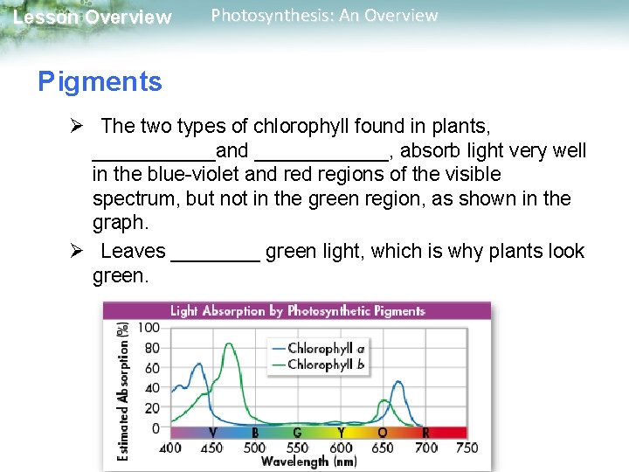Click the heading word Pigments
pos(100,82)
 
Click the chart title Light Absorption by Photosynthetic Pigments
pos(297,310)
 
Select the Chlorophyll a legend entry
pos(326,348)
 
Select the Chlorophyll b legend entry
pos(326,364)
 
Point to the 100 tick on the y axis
pos(149,327)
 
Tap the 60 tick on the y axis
pos(151,367)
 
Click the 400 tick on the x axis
pos(170,448)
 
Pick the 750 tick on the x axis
pos(467,448)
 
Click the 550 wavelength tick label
pos(297,448)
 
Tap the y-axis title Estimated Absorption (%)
pos(123,389)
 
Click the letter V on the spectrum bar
pos(212,433)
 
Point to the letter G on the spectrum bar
pos(297,433)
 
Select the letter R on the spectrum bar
pos(425,433)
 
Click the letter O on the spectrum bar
pos(382,433)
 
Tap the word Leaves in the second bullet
pos(133,252)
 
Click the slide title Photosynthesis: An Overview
pos(324,16)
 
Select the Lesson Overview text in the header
pos(93,17)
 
